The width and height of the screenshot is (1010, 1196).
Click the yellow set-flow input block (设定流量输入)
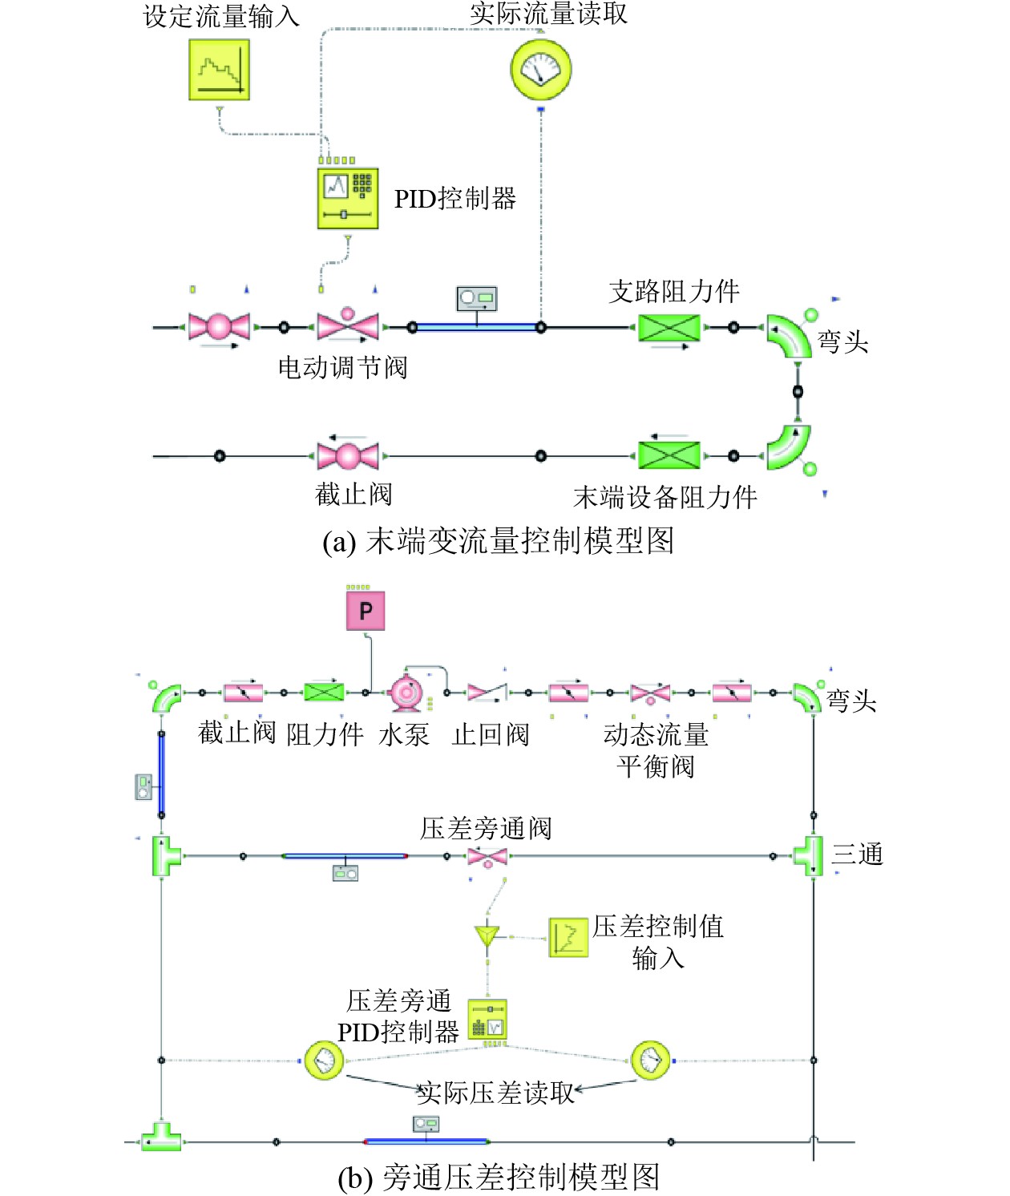[219, 70]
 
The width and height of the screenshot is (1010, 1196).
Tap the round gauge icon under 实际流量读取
[541, 70]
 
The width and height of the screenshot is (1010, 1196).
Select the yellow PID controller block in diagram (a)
[347, 199]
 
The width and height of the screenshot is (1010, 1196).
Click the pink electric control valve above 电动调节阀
[348, 325]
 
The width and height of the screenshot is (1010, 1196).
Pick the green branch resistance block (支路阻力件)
[669, 327]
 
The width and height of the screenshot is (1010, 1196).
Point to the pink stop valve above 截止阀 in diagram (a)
[348, 455]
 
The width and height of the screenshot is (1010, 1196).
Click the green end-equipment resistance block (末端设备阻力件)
[669, 455]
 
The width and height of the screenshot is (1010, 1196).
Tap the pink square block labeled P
[366, 611]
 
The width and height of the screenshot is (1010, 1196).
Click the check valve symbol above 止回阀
[487, 692]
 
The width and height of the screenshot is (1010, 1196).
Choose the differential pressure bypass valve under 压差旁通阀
[487, 856]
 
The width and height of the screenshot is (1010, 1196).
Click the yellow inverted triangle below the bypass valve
[487, 935]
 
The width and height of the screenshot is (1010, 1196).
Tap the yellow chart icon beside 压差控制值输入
[568, 937]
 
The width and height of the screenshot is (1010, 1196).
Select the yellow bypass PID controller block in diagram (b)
[487, 1020]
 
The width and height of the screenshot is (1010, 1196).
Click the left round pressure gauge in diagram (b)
[325, 1060]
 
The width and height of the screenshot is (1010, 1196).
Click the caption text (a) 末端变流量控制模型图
[498, 541]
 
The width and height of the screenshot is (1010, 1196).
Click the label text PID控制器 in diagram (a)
[454, 199]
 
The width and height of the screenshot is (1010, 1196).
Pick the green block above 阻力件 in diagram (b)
[324, 692]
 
